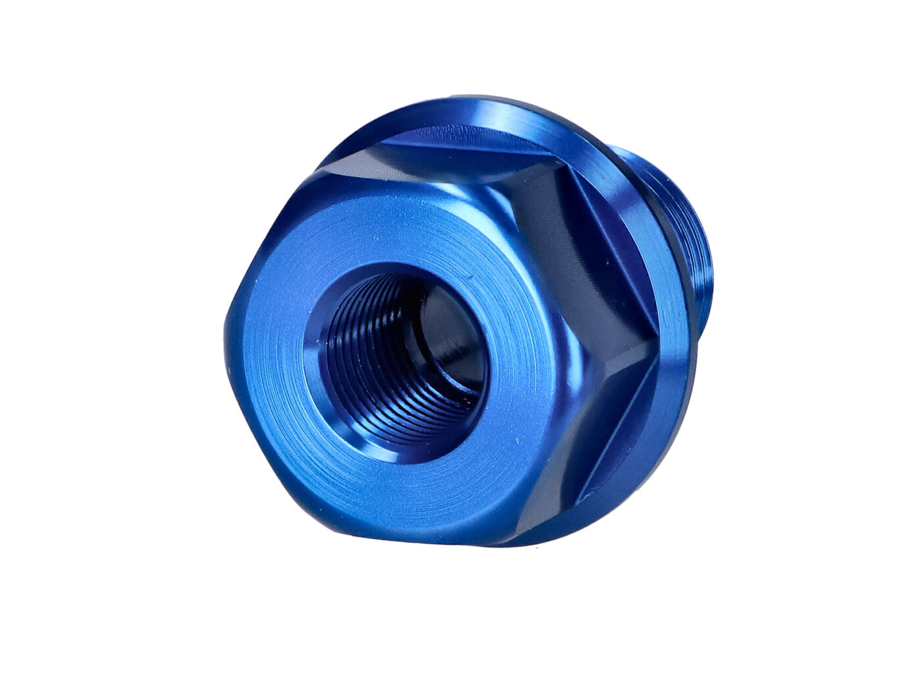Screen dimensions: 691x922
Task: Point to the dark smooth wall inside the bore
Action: (x=448, y=329)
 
